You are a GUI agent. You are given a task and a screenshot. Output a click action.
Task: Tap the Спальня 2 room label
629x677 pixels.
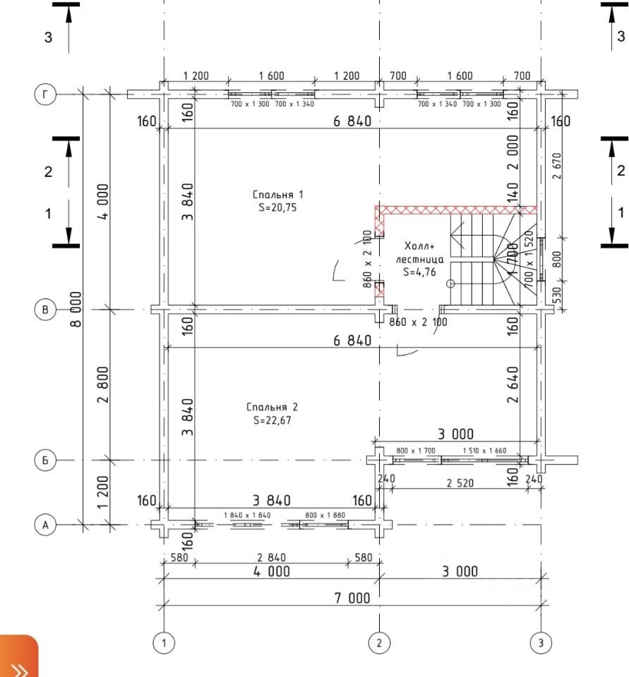(272, 407)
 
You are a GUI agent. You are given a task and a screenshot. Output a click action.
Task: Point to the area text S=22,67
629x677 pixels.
(272, 421)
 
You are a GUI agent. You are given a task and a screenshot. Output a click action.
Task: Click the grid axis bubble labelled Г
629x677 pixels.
(44, 94)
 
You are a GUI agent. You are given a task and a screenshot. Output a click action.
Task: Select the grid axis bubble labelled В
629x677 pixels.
(44, 309)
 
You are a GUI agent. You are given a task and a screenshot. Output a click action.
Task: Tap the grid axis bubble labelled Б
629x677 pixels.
(44, 460)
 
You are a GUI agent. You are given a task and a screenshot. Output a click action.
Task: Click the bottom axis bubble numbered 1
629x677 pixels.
(164, 642)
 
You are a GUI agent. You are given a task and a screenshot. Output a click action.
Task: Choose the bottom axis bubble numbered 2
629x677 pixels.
(380, 642)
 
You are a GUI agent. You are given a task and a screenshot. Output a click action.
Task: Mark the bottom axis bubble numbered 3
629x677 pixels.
(541, 642)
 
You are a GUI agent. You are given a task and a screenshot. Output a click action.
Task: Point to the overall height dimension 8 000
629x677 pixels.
(76, 308)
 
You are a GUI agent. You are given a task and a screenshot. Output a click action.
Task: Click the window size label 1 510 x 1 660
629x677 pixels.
(484, 450)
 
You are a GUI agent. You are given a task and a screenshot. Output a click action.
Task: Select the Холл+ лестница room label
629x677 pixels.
(424, 252)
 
